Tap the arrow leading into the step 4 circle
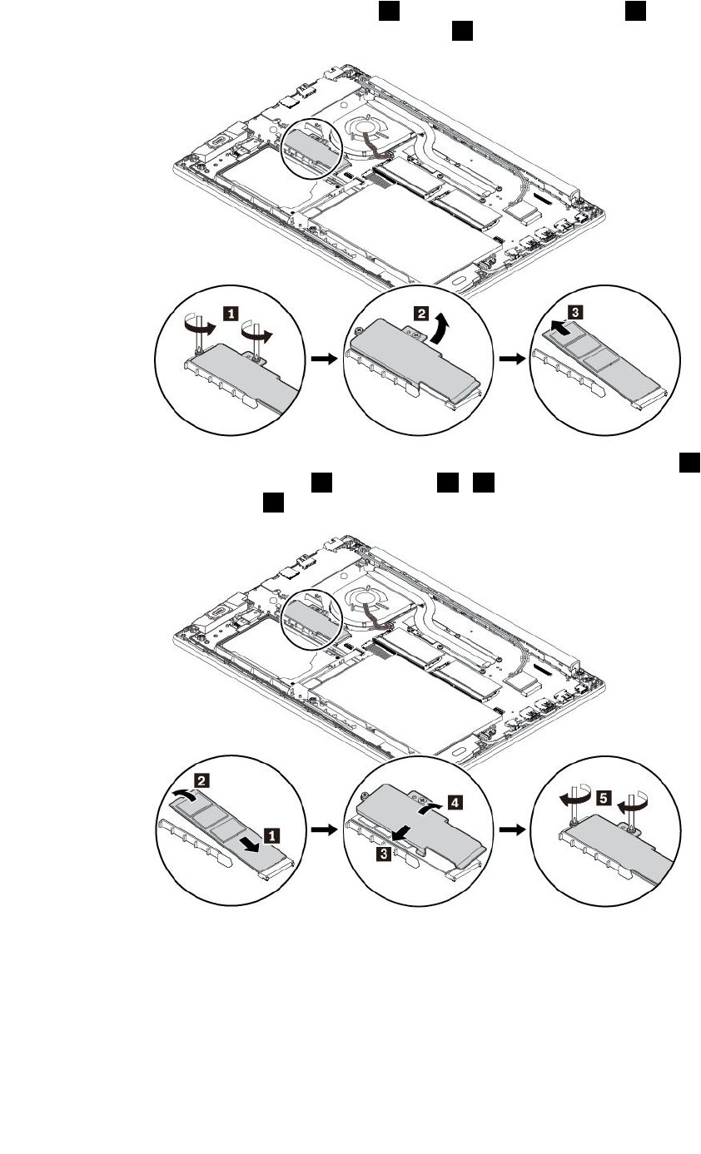click(321, 831)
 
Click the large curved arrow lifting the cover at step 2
click(440, 327)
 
